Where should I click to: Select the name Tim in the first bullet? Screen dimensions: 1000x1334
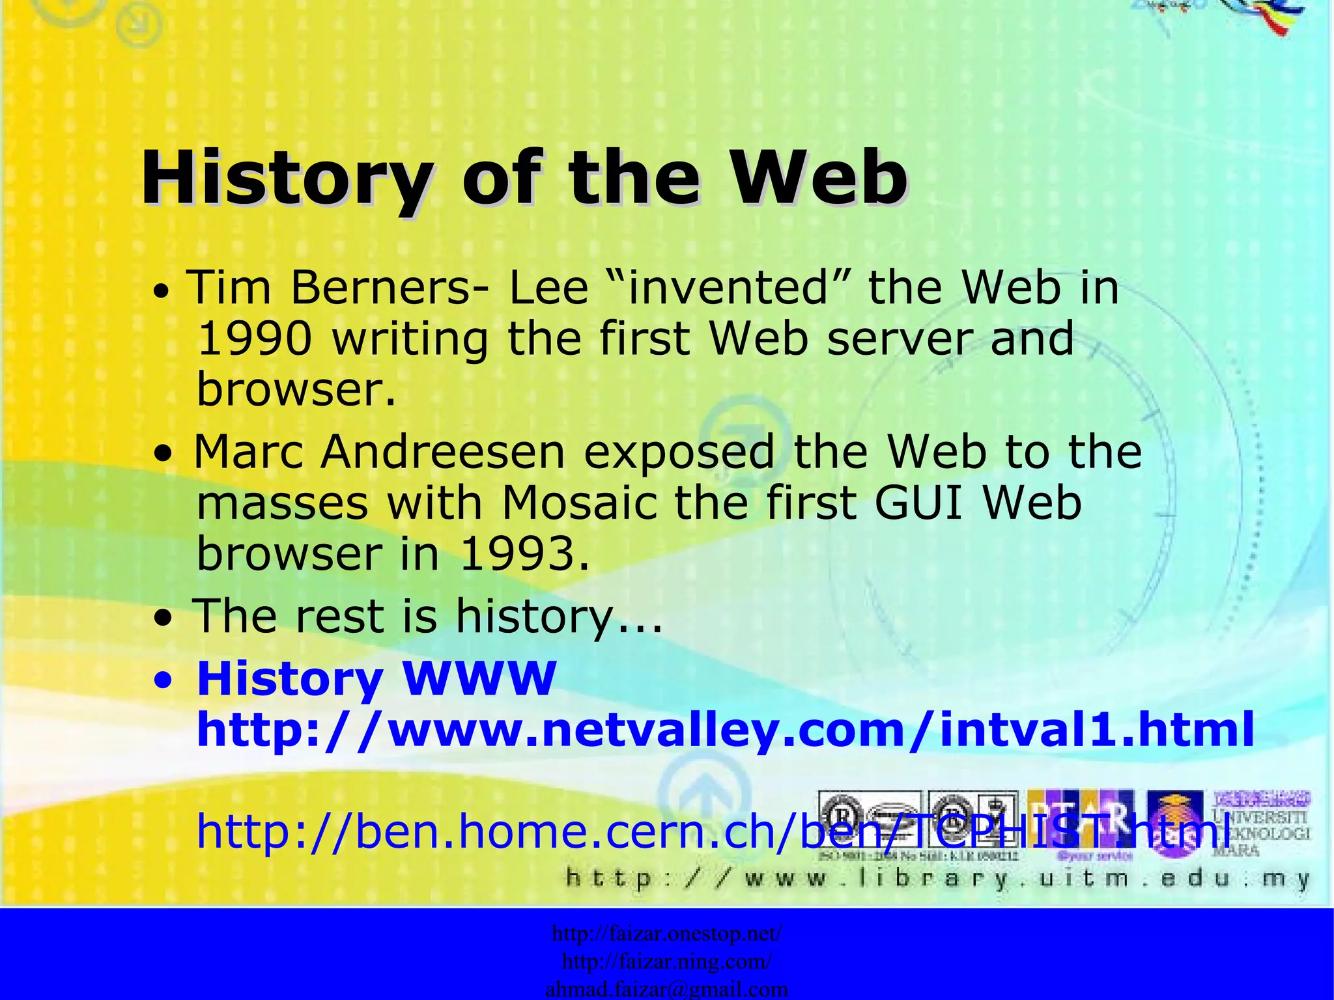click(x=229, y=288)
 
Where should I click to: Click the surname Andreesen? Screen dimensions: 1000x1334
click(x=443, y=452)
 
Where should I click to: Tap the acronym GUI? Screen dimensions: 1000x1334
click(x=918, y=503)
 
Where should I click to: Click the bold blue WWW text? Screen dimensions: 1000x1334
click(x=479, y=678)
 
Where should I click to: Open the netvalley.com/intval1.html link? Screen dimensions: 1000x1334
click(x=724, y=729)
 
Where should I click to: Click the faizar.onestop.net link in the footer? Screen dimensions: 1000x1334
click(x=667, y=934)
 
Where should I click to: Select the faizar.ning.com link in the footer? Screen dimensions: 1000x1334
click(x=667, y=962)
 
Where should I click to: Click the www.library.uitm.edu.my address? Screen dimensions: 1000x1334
click(x=938, y=879)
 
